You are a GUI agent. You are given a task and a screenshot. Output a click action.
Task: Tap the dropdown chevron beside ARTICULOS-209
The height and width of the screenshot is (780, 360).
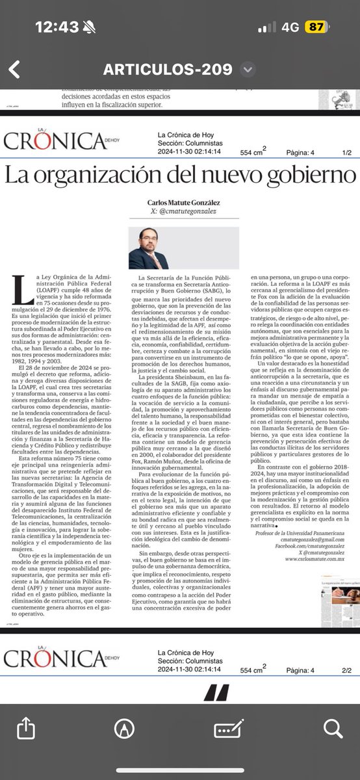pos(247,70)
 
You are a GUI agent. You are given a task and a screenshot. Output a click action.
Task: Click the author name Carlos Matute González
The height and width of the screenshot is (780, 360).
pos(180,201)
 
